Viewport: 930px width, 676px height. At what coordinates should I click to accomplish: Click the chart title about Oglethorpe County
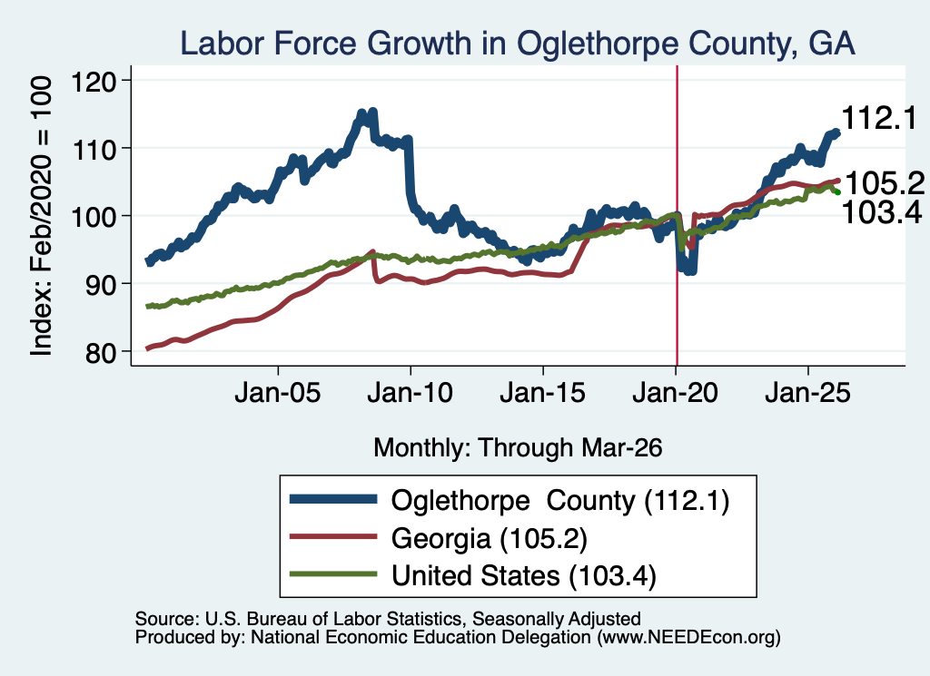pos(517,44)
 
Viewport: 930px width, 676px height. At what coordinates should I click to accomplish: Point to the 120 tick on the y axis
pos(94,81)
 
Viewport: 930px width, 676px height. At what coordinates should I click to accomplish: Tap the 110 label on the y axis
pos(94,148)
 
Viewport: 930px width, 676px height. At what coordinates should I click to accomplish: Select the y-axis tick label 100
pos(94,216)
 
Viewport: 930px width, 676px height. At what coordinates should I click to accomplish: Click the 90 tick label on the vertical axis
pos(102,284)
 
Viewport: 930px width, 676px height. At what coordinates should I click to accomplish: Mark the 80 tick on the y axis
pos(102,352)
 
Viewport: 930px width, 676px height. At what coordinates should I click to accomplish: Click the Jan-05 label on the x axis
pos(278,393)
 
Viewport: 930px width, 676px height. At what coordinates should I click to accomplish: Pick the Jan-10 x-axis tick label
pos(410,393)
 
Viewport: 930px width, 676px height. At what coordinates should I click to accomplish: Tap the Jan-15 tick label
pos(543,393)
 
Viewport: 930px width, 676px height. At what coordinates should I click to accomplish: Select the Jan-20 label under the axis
pos(675,393)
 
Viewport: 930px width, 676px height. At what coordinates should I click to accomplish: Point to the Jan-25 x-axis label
pos(807,393)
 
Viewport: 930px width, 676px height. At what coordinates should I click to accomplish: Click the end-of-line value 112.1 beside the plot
pos(879,118)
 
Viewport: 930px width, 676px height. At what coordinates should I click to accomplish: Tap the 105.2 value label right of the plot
pos(885,183)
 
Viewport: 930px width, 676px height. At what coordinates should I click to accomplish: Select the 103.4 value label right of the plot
pos(882,212)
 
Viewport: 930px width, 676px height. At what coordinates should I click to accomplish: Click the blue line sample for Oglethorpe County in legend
pos(333,499)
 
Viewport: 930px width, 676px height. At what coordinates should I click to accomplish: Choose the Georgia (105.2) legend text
pos(490,539)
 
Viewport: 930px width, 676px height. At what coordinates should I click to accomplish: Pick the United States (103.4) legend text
pos(524,576)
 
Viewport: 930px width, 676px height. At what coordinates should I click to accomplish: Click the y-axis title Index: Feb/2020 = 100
pos(41,216)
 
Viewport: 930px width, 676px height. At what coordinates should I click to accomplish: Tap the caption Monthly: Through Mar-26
pos(518,448)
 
